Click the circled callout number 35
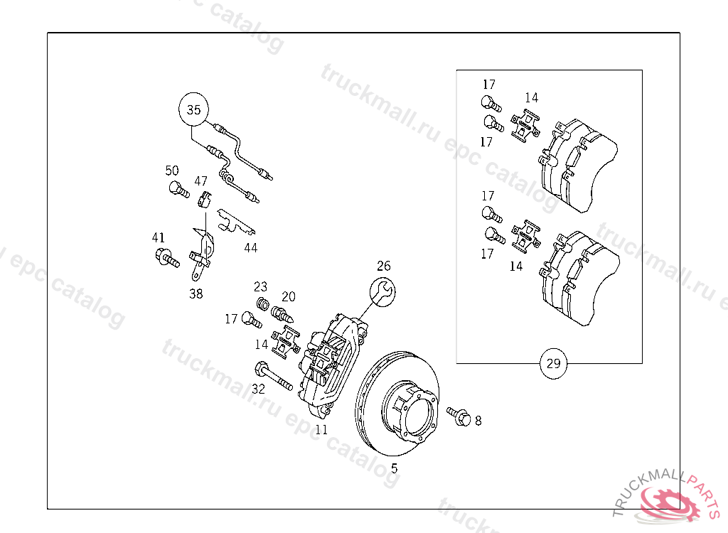click(x=193, y=109)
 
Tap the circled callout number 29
click(x=553, y=364)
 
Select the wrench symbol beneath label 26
click(x=382, y=293)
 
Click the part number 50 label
click(x=172, y=171)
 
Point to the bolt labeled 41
click(x=167, y=257)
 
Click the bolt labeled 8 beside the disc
click(x=459, y=416)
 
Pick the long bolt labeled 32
click(x=274, y=377)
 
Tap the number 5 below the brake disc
click(x=394, y=468)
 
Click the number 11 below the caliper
click(x=321, y=429)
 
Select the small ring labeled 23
click(x=263, y=304)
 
